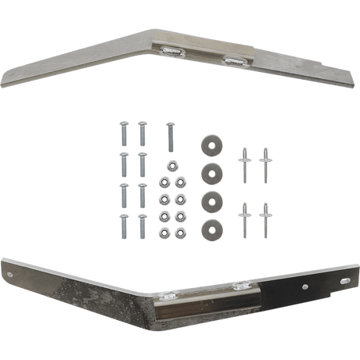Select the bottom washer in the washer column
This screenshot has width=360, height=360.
(210, 229)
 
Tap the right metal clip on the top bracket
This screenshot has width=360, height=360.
(232, 59)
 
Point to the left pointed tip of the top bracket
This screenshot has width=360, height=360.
(8, 77)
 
